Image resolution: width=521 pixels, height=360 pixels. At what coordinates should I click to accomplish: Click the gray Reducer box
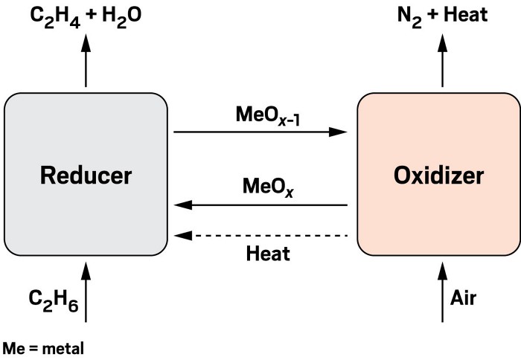click(86, 216)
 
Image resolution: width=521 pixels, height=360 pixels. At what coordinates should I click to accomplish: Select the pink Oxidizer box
click(438, 216)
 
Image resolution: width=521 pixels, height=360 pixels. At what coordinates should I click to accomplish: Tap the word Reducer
click(86, 176)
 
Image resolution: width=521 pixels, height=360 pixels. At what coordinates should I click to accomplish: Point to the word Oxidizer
click(438, 176)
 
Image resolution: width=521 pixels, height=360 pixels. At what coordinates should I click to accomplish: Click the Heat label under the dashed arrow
click(267, 254)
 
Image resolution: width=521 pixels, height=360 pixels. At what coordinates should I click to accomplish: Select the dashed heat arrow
click(260, 235)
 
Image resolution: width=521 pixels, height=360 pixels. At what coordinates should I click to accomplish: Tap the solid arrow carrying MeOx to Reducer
click(260, 205)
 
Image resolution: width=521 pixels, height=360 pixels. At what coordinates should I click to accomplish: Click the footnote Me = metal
click(43, 347)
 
